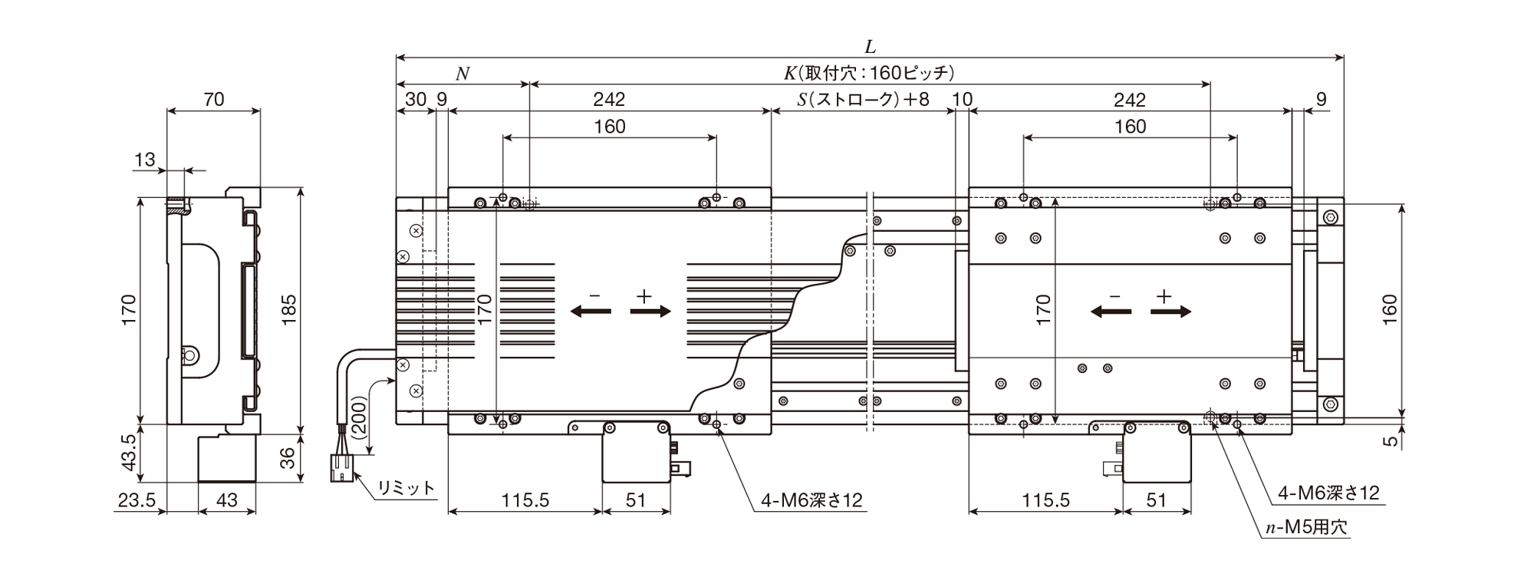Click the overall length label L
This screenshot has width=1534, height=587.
[x=870, y=47]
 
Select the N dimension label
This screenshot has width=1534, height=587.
[x=463, y=74]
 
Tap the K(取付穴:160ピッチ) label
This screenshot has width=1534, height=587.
[x=869, y=74]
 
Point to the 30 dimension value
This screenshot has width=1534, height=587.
[x=415, y=99]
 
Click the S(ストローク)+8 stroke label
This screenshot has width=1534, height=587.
[x=863, y=99]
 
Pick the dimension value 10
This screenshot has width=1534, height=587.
[x=962, y=99]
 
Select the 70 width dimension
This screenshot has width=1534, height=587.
[x=214, y=99]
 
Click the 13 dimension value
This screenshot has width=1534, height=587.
[x=145, y=160]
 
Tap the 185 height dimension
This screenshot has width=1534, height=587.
[x=288, y=310]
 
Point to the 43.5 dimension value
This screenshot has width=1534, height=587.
[x=128, y=453]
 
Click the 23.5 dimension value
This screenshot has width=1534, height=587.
[x=137, y=500]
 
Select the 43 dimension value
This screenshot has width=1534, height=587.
[x=227, y=500]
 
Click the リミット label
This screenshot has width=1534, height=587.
[x=406, y=487]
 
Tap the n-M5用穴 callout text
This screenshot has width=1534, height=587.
[x=1305, y=528]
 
